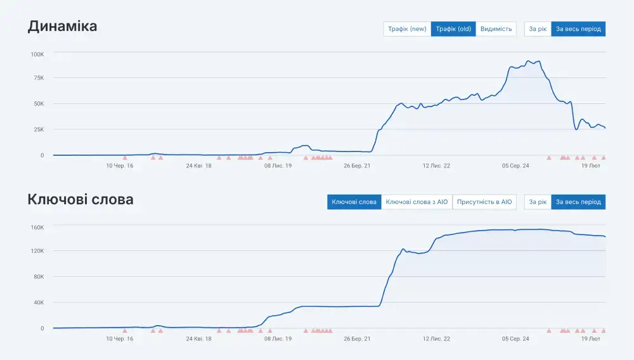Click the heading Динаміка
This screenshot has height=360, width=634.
62,27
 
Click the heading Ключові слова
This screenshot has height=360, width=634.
81,200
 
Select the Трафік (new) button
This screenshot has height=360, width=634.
407,29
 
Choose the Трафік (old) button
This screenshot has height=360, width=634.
453,29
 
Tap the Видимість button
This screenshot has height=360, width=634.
496,29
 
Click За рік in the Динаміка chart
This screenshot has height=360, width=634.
538,29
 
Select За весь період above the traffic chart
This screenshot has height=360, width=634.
578,29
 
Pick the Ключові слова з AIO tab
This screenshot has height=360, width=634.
417,202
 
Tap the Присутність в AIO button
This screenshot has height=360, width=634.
484,202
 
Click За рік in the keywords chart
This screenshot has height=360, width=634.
538,202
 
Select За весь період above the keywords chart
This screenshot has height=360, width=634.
578,202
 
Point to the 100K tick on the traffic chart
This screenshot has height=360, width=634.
37,55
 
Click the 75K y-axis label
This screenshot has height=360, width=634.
39,78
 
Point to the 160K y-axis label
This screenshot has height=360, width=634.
37,227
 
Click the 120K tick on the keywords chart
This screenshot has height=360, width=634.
37,251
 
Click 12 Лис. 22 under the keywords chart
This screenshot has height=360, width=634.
436,339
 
